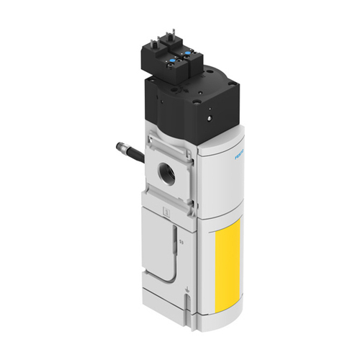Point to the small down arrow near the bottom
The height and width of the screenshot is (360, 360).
(x=187, y=292)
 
